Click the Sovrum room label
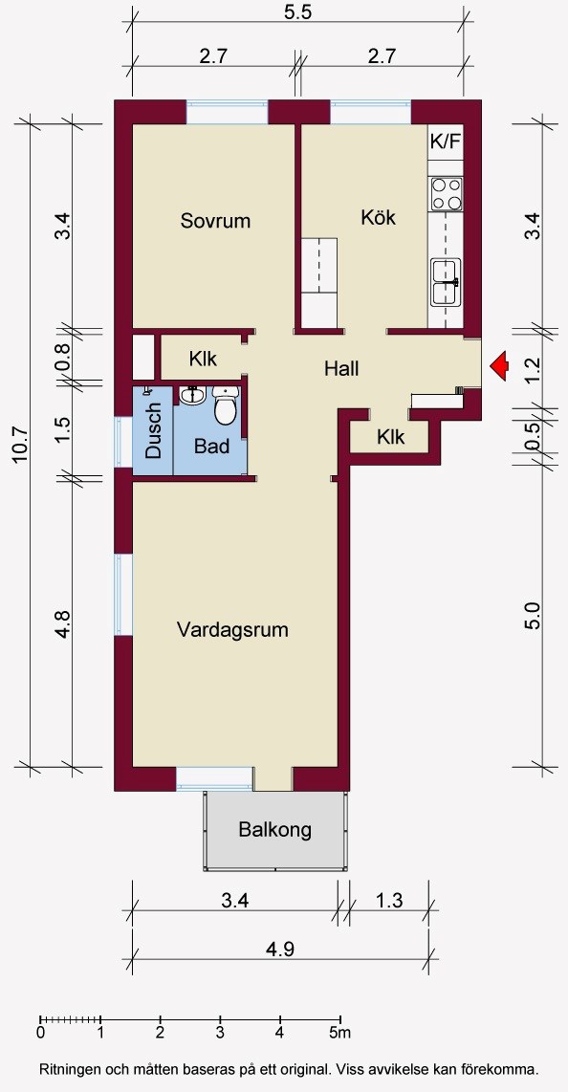pos(215,222)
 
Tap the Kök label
pos(378,217)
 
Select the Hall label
pos(341,368)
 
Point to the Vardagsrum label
pos(232,631)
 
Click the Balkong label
pos(275,830)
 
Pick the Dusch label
pos(153,431)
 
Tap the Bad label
pos(211,447)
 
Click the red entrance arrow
pos(498,365)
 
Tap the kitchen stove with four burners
pos(447,193)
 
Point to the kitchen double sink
pos(446,282)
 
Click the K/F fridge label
pos(446,142)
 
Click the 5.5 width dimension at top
pos(297,13)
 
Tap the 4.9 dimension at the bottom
pos(280,949)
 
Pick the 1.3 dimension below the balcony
pos(388,901)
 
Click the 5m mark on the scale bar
pos(340,1033)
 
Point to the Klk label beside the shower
pos(204,359)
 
